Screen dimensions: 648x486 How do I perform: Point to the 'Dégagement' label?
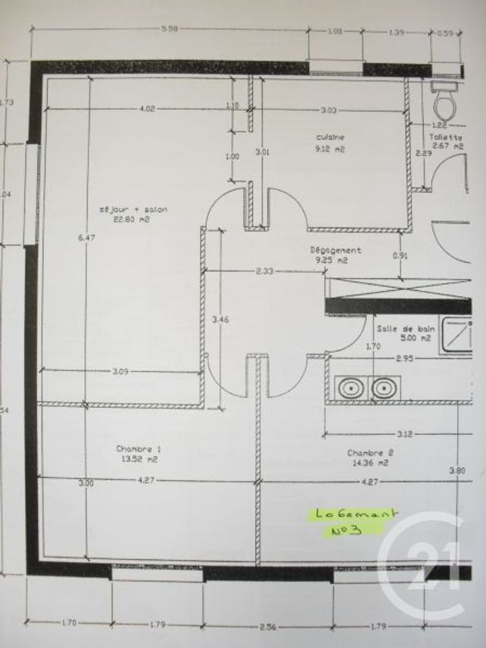click(335, 250)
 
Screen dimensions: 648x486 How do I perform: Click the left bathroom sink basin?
click(351, 388)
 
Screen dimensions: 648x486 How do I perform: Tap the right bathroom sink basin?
click(381, 388)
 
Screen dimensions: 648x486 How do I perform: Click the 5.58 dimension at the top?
click(169, 30)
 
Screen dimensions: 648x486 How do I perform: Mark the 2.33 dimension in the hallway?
click(264, 270)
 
